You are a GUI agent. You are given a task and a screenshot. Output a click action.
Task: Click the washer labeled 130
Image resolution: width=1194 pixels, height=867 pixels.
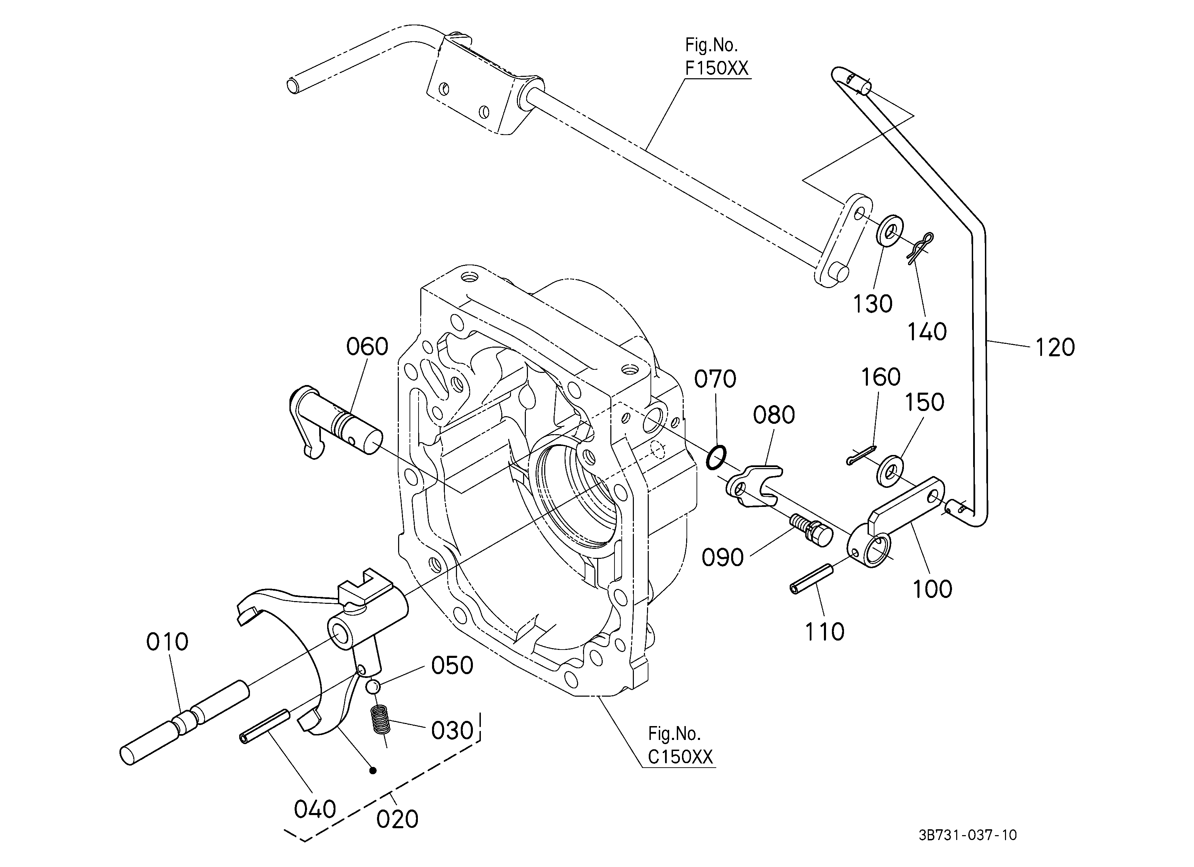click(890, 230)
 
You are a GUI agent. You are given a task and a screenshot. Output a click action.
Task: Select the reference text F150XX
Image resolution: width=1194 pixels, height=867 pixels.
click(717, 69)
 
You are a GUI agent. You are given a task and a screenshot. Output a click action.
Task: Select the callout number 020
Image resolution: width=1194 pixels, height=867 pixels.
click(397, 820)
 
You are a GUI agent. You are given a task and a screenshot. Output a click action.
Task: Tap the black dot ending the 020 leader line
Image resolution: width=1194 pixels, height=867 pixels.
click(373, 771)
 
